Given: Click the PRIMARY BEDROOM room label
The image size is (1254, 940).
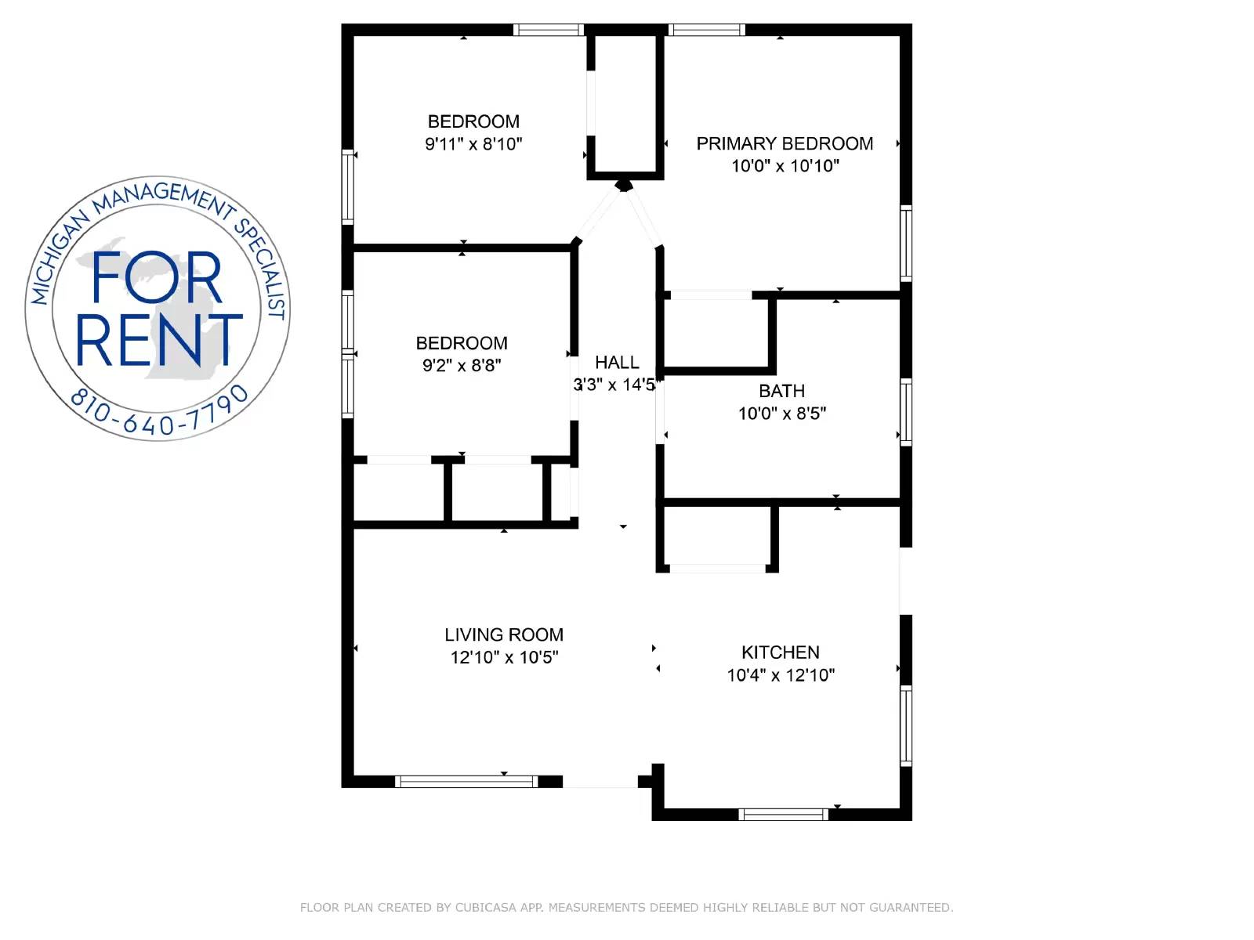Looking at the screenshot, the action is tap(785, 143).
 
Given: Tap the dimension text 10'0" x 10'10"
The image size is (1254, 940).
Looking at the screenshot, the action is tap(785, 165).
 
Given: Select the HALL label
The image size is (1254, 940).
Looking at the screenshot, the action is tap(617, 362).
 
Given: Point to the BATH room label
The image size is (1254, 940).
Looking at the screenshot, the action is tap(781, 391).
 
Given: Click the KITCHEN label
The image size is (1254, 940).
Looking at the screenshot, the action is tap(781, 652).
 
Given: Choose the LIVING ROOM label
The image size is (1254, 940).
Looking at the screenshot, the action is tap(504, 634).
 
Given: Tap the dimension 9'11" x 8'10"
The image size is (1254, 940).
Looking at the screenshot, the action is tap(473, 143).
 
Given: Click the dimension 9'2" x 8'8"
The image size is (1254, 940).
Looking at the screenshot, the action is tap(462, 365).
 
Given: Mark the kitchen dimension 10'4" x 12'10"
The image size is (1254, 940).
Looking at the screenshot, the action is tap(781, 674).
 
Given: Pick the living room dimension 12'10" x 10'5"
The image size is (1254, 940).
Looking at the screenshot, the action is tap(504, 657).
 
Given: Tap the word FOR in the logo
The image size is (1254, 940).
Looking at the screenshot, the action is tap(156, 278).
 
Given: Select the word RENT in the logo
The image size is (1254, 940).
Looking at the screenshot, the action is tap(159, 340).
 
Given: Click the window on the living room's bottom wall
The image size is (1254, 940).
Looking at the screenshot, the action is tap(466, 781).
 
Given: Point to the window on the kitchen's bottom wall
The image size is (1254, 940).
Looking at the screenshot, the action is tap(783, 815).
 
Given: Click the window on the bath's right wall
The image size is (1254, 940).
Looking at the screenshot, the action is tap(906, 411).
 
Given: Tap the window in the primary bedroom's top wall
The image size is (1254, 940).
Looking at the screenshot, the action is tap(707, 30).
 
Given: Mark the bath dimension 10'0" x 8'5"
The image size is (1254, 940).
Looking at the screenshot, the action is tap(782, 414).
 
